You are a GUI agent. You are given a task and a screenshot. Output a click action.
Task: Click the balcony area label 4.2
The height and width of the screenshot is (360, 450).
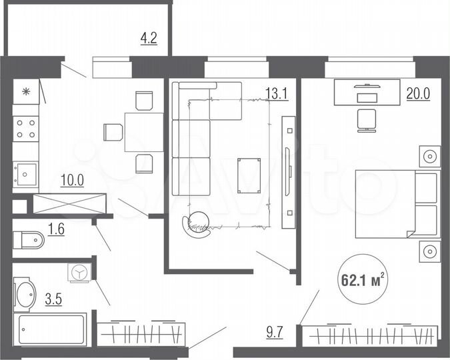point(148,38)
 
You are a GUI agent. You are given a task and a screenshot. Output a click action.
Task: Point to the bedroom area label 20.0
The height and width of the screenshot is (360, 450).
point(417,93)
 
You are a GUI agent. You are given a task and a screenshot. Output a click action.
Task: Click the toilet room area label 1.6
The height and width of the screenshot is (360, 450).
point(58,231)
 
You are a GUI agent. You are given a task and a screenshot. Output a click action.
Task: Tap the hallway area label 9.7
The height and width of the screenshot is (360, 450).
point(275,331)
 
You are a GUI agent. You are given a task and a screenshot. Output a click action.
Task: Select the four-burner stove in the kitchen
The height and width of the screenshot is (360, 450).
point(26,129)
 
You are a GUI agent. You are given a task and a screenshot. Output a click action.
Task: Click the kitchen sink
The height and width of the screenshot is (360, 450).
point(26,175)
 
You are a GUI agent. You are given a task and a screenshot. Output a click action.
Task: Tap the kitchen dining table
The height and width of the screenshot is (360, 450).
point(143,131)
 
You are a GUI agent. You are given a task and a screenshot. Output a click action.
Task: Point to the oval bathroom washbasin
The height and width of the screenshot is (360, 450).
point(26,295)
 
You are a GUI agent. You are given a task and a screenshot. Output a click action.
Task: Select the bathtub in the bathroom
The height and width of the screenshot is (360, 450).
point(51,331)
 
